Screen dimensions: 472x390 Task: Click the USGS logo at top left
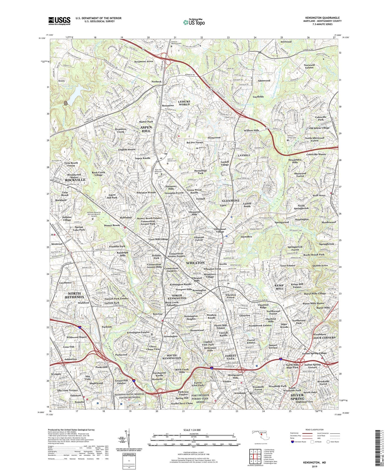click(x=59, y=21)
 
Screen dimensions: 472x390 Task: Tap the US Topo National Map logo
click(x=194, y=22)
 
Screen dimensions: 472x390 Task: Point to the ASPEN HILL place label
click(x=146, y=129)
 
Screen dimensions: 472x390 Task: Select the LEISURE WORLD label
click(x=184, y=103)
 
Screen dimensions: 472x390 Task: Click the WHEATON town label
click(x=195, y=263)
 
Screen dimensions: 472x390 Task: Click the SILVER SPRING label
click(x=297, y=397)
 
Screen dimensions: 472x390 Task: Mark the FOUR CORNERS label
click(x=324, y=338)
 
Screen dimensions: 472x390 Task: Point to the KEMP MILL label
click(x=279, y=287)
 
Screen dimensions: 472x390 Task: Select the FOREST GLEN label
click(x=231, y=357)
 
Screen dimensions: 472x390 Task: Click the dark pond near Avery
click(x=66, y=103)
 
